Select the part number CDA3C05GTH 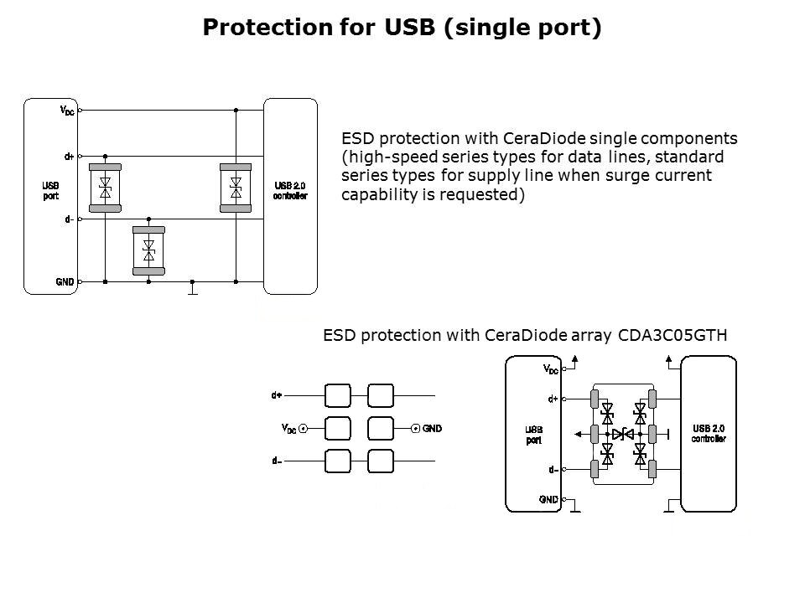click(x=673, y=335)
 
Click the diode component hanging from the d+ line click(x=106, y=187)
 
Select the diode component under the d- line click(x=149, y=250)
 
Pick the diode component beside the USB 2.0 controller click(x=236, y=187)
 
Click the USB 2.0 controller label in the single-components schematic click(x=291, y=190)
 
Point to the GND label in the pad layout click(x=432, y=429)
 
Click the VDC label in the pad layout click(x=288, y=429)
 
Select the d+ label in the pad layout click(x=277, y=394)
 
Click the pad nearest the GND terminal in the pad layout click(x=380, y=428)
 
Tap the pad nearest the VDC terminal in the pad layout click(x=337, y=428)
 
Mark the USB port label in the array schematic click(x=533, y=435)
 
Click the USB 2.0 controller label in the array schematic click(x=709, y=434)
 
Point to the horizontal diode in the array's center click(x=623, y=434)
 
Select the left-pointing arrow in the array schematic click(x=579, y=434)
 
